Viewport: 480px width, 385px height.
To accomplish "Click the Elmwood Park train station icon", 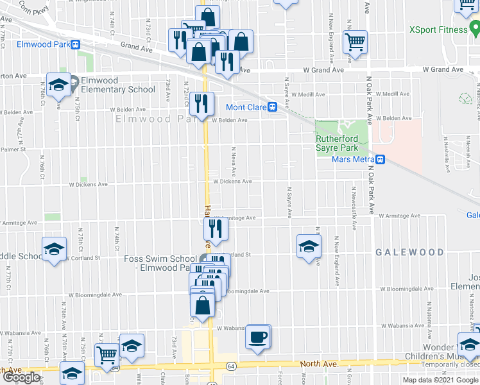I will [x=76, y=45].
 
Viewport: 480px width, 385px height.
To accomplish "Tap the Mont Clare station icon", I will [x=273, y=107].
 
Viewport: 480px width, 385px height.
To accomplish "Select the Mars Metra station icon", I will [x=381, y=159].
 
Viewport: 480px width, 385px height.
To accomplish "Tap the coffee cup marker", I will [x=258, y=337].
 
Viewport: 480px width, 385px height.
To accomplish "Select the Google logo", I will [x=21, y=377].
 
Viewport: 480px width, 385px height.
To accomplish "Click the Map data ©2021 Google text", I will [x=440, y=380].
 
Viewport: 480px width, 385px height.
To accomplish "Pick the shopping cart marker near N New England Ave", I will [x=355, y=42].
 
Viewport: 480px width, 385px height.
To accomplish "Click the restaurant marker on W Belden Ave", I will [x=202, y=103].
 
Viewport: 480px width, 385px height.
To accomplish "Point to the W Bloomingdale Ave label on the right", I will [x=404, y=289].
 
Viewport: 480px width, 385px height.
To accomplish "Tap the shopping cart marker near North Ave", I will [x=107, y=354].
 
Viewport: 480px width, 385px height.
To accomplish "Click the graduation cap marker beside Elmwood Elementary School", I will [x=58, y=84].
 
